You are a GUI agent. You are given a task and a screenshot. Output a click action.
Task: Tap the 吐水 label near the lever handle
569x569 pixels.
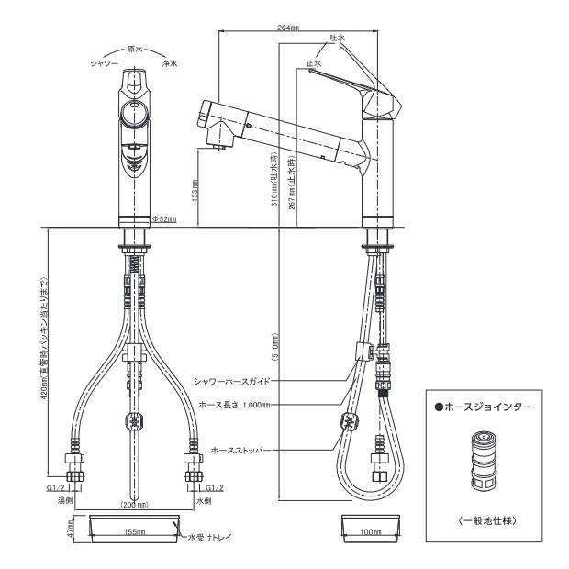[x=337, y=39]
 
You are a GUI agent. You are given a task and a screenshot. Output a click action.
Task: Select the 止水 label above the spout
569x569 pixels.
[x=314, y=64]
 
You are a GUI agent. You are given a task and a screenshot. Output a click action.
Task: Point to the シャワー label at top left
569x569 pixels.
[x=104, y=64]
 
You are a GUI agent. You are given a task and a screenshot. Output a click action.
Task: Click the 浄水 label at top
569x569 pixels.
[x=170, y=64]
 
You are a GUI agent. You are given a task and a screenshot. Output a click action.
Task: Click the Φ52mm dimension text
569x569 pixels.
[x=164, y=219]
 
